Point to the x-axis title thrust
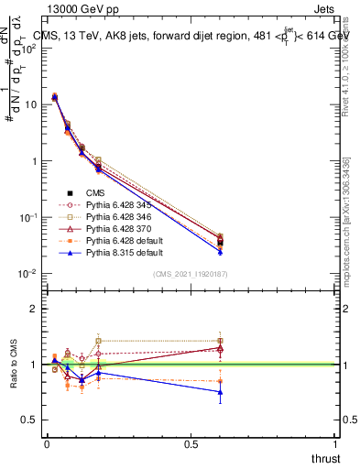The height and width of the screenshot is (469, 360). [324, 457]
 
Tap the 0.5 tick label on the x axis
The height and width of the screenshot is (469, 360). [191, 443]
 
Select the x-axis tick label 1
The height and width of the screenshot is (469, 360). [336, 443]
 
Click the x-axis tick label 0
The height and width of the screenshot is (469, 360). [47, 443]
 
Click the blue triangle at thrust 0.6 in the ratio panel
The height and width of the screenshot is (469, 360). [220, 392]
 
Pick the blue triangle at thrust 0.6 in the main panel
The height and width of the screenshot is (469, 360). [220, 251]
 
